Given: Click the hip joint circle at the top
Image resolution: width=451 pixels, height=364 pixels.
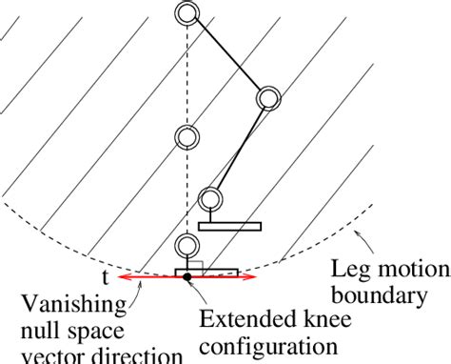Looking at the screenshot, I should (x=186, y=13).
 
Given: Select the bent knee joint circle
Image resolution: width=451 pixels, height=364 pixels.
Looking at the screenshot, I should (x=269, y=98).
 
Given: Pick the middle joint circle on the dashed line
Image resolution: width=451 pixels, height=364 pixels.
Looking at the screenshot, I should (x=186, y=138).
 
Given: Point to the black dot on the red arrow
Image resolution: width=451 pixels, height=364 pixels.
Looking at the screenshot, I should (x=187, y=277).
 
